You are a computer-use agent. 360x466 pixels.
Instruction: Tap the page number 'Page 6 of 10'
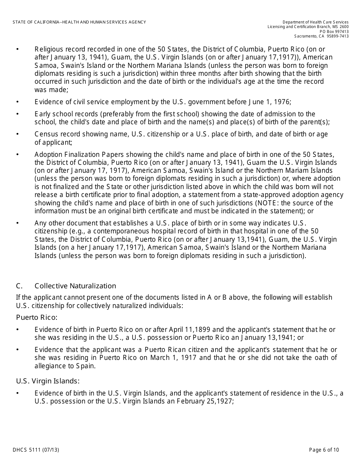pos(324,450)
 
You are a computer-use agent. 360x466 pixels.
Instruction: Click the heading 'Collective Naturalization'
pos(75,286)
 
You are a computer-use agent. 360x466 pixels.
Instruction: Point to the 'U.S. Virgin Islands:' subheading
pos(48,381)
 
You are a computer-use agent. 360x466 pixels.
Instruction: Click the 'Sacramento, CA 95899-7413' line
pos(321,36)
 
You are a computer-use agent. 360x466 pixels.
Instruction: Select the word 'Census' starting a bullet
pos(45,134)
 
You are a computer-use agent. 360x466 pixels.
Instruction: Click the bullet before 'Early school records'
pos(17,114)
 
